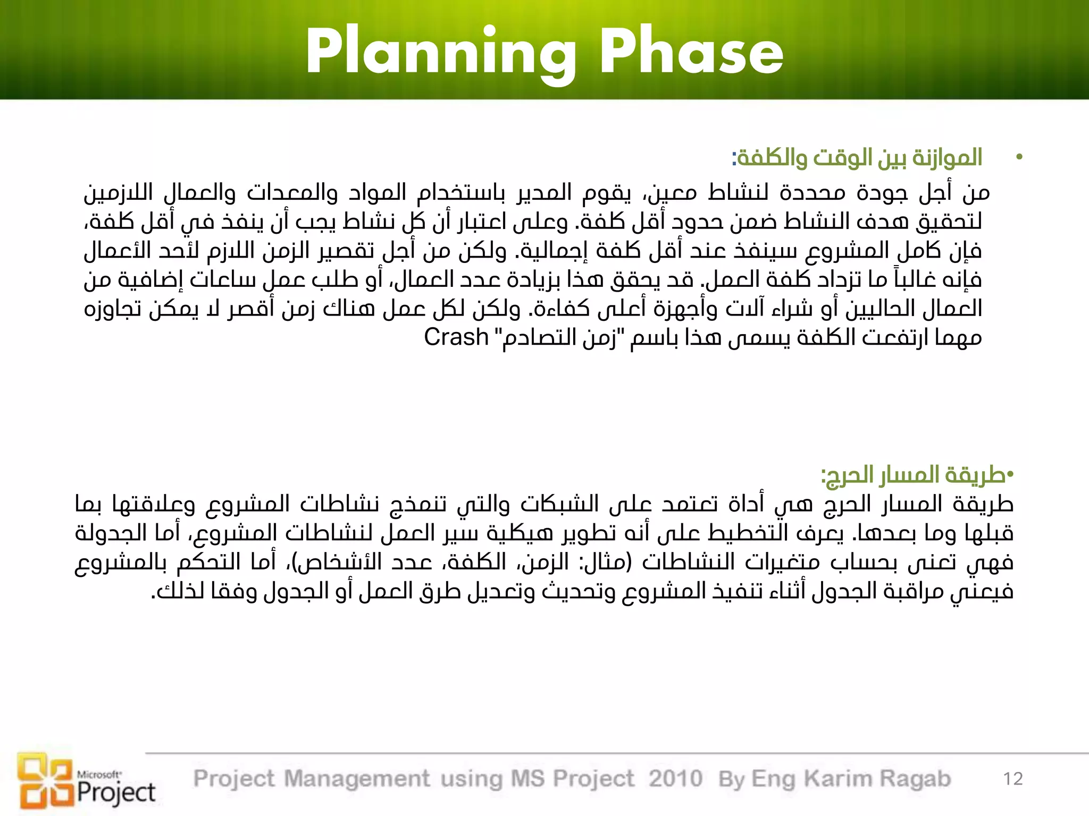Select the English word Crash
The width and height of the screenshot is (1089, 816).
pos(456,337)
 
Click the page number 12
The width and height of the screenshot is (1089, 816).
pos(1013,779)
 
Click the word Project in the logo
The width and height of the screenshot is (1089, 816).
pos(116,793)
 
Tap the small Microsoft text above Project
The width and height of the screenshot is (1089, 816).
pos(99,775)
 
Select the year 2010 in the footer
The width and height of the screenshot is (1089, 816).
pos(675,779)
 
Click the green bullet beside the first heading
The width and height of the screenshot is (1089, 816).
pos(1019,157)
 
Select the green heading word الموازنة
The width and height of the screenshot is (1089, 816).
pos(947,157)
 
